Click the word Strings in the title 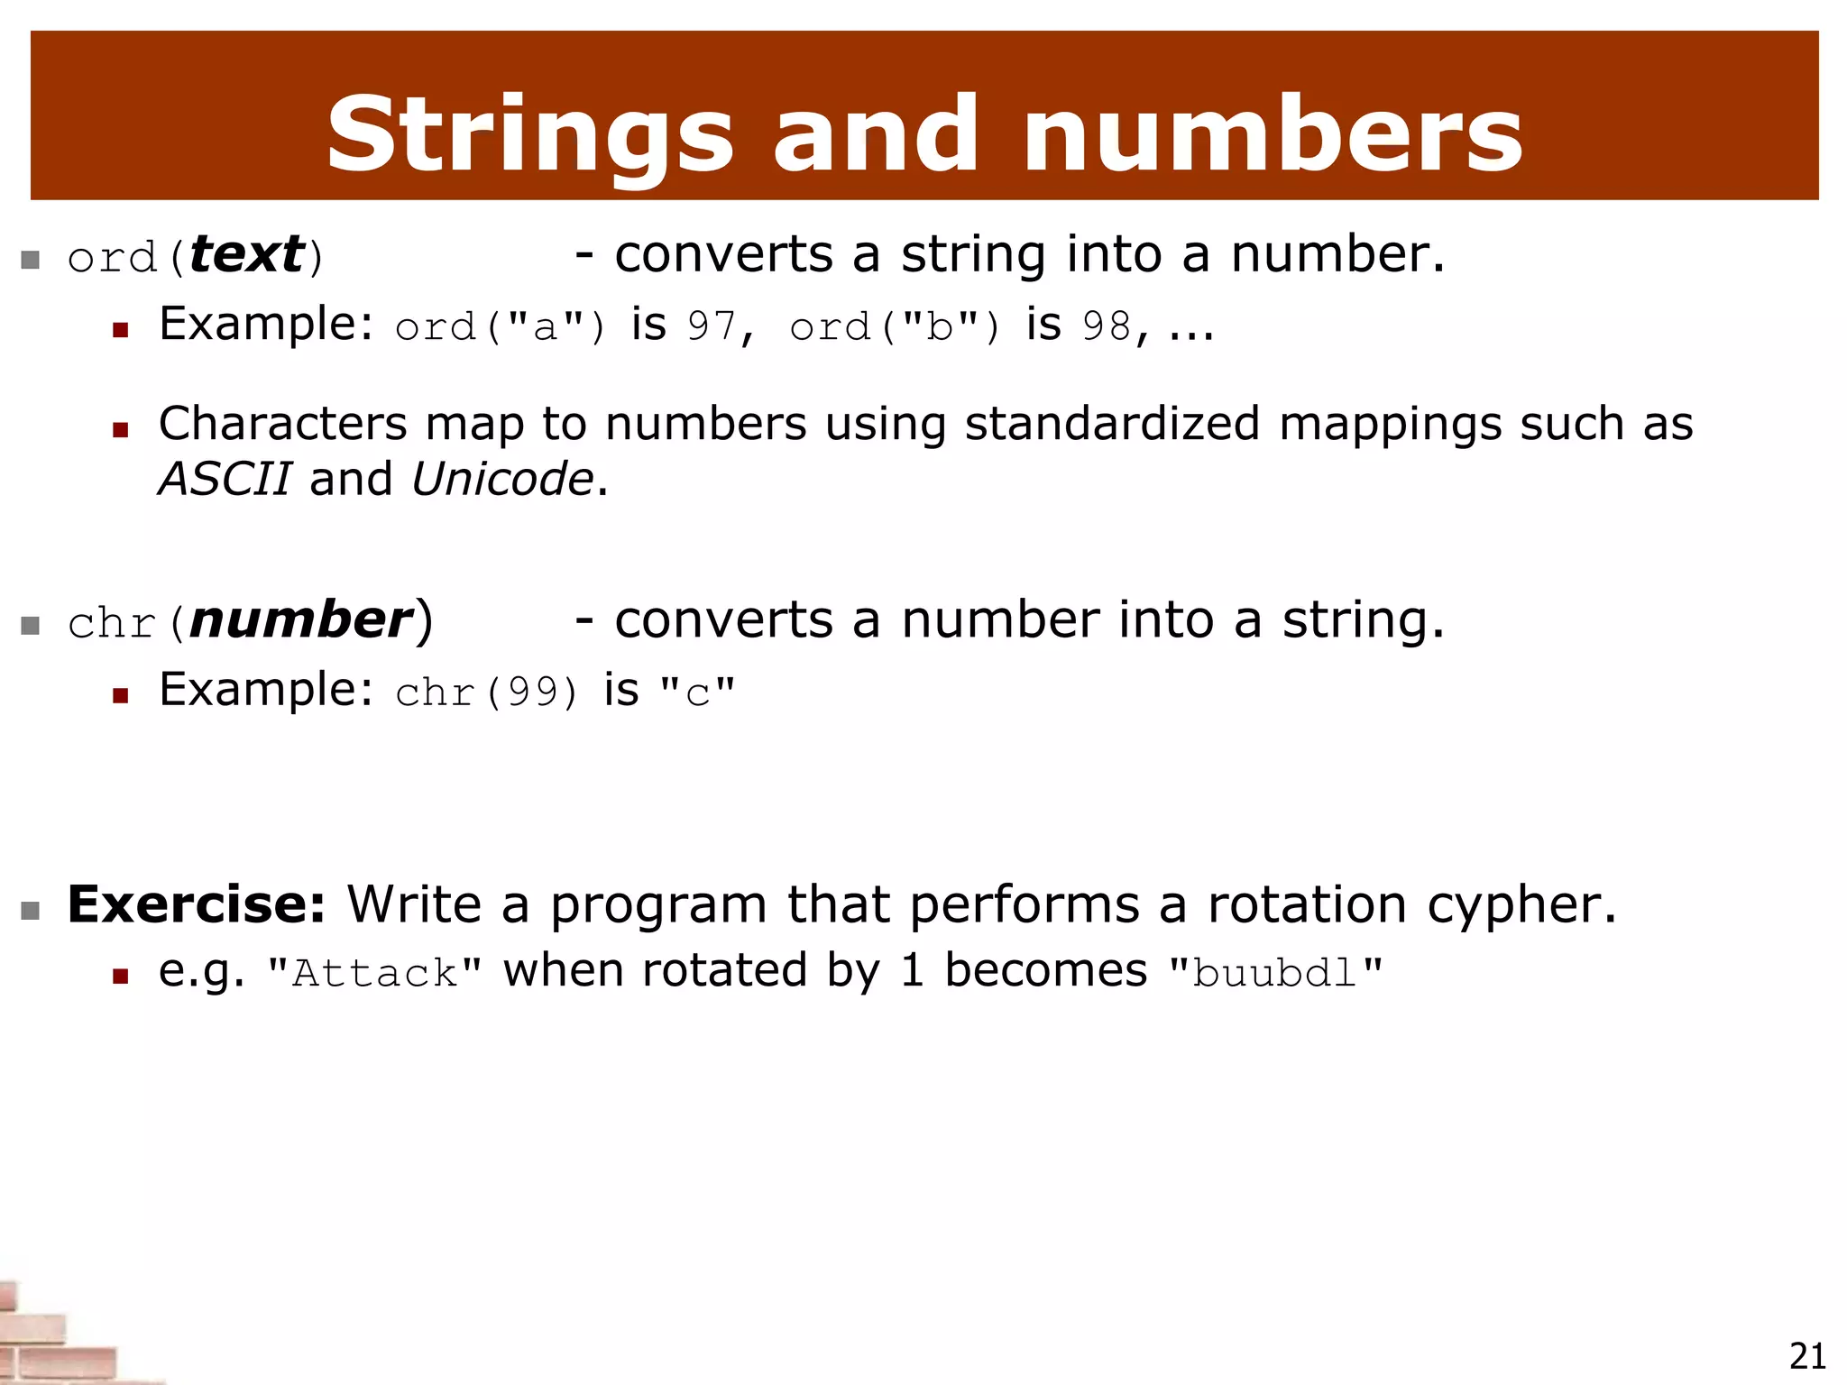[530, 135]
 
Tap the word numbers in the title [1272, 135]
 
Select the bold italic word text [247, 254]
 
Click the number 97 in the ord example [712, 326]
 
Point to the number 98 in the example [1107, 326]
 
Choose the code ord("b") [895, 326]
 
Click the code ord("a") [501, 326]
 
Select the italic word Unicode [502, 479]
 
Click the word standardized [1112, 424]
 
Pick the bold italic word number [301, 620]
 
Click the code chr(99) [486, 692]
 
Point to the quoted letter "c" [697, 692]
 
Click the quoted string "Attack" [375, 973]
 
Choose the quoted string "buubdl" [1275, 973]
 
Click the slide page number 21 [1807, 1356]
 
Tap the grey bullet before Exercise [31, 910]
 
